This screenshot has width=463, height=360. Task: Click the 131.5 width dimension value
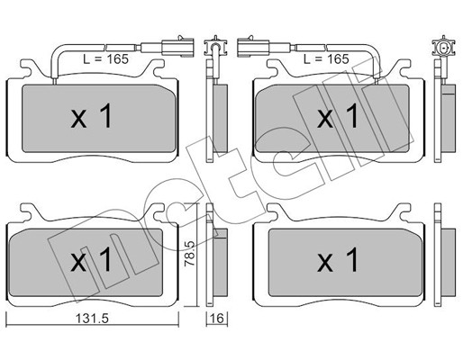pyautogui.click(x=92, y=319)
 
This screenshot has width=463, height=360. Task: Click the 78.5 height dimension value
pyautogui.click(x=190, y=253)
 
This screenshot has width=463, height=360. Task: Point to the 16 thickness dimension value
pyautogui.click(x=217, y=319)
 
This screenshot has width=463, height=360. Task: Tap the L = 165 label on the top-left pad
pyautogui.click(x=106, y=59)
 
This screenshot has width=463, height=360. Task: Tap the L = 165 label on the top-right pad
pyautogui.click(x=326, y=59)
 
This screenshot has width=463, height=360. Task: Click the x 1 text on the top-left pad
pyautogui.click(x=92, y=116)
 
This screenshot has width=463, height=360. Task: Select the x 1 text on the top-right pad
pyautogui.click(x=338, y=116)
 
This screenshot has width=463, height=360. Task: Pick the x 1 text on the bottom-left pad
pyautogui.click(x=92, y=260)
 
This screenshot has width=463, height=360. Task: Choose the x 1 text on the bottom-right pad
pyautogui.click(x=338, y=260)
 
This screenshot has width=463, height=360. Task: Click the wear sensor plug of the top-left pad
pyautogui.click(x=177, y=47)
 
